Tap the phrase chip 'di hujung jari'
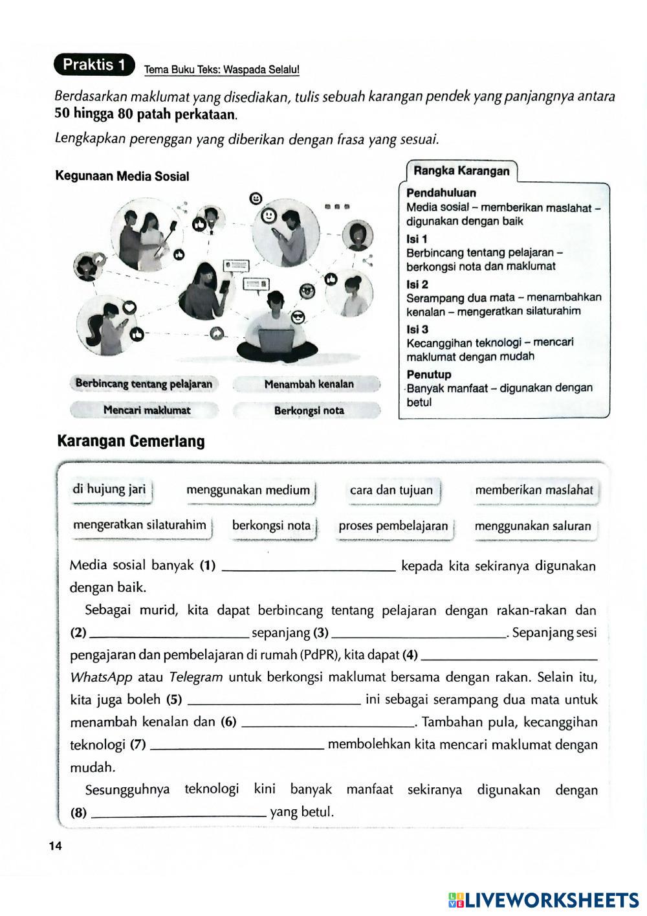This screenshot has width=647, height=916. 109,489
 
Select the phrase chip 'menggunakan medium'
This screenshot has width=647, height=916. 248,490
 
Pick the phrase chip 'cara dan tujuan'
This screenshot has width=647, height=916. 391,490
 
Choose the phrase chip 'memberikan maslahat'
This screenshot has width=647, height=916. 534,490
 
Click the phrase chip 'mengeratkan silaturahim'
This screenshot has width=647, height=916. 140,525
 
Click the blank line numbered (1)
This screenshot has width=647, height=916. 308,568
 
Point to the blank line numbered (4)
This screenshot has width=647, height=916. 509,656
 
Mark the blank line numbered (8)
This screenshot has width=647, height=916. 179,814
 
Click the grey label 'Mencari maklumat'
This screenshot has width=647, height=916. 147,410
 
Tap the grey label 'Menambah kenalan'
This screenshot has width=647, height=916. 309,384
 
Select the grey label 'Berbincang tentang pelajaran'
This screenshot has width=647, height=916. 144,384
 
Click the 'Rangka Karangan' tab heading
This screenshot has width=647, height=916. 461,172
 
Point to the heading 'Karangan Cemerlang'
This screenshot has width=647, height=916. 131,441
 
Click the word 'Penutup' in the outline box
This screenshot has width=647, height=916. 429,374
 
